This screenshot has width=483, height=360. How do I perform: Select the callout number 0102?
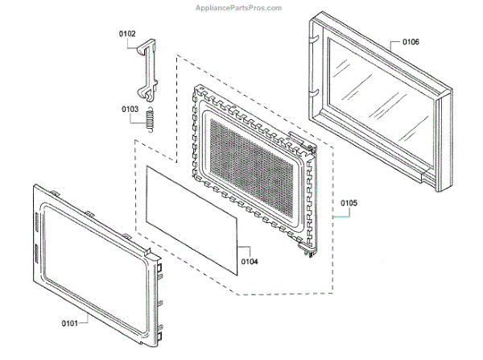pos(128,34)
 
